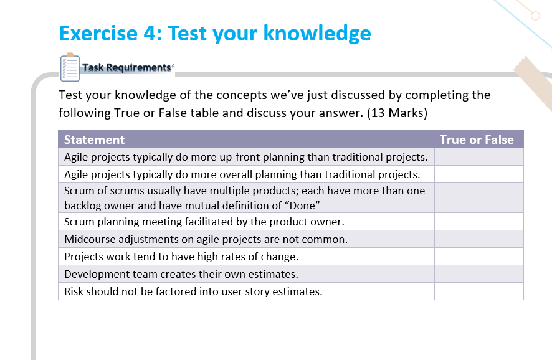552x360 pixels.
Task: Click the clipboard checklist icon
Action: (70, 67)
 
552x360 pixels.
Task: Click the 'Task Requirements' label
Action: (126, 67)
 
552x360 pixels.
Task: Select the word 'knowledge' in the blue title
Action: (317, 34)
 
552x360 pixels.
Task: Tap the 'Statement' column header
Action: (94, 140)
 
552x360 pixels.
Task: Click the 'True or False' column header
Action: (477, 140)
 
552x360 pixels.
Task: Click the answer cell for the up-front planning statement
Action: (478, 157)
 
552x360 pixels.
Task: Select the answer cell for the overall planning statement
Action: (478, 174)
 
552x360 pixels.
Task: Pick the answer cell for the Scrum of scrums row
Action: (478, 198)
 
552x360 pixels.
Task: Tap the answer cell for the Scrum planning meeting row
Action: (478, 222)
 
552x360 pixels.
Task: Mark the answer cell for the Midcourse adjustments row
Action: (478, 239)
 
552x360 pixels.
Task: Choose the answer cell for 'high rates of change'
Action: (478, 257)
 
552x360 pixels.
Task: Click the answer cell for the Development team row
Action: (478, 274)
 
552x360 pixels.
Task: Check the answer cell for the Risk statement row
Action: (478, 291)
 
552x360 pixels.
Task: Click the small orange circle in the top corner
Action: (535, 16)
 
